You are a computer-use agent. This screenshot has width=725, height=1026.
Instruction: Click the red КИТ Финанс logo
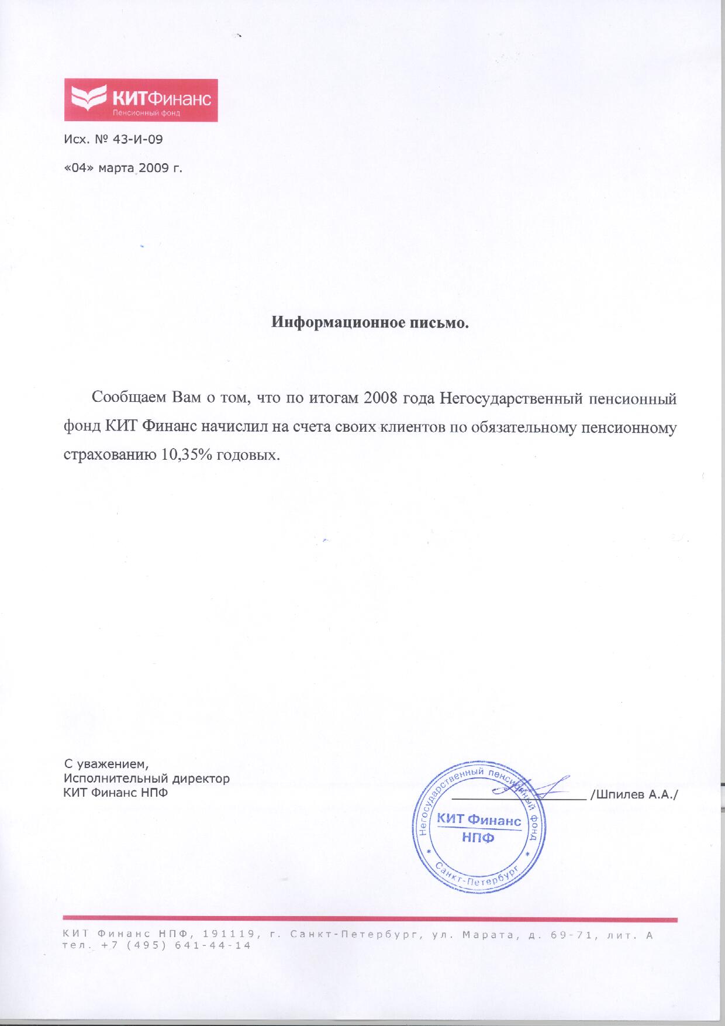tap(140, 100)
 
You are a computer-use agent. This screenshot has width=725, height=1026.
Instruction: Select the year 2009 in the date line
tap(151, 168)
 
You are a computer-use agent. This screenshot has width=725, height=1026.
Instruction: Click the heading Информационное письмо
tap(371, 322)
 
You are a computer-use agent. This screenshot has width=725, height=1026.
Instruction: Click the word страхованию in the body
tap(106, 455)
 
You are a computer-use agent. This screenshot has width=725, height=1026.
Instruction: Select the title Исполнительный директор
tap(146, 779)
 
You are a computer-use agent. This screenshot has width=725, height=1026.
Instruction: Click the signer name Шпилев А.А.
tap(636, 794)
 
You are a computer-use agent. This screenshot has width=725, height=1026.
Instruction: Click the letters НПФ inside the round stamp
tap(478, 838)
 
